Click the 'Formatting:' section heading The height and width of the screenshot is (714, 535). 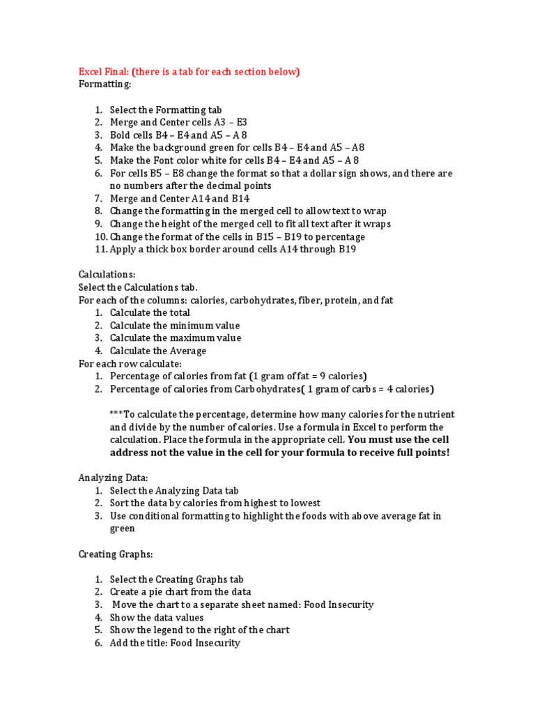tap(104, 84)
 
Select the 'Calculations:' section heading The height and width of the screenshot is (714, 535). tap(107, 275)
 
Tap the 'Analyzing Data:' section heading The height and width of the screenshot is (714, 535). tap(112, 478)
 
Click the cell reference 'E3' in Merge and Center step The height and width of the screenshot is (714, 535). tap(241, 122)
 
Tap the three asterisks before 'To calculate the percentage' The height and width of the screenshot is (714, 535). tap(116, 414)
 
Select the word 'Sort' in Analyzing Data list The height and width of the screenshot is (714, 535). tap(120, 503)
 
